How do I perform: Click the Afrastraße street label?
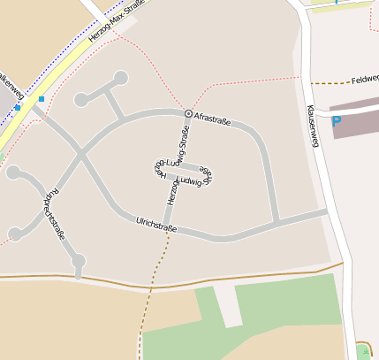tap(212, 119)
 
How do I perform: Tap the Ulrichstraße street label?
tap(156, 226)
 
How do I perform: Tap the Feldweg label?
tap(364, 80)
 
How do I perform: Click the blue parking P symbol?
tap(336, 122)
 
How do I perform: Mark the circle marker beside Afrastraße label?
tap(188, 114)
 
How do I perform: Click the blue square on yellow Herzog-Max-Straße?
tap(41, 99)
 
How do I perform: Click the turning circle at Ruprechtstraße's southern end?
tap(78, 260)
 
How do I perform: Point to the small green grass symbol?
tap(361, 348)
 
